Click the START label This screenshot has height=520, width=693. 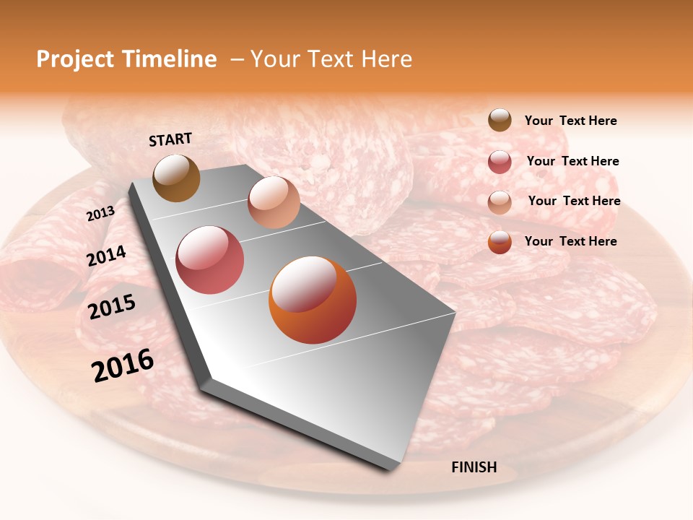[170, 139]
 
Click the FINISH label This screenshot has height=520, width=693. [474, 467]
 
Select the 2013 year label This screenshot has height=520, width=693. [100, 214]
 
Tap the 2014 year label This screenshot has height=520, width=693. [106, 256]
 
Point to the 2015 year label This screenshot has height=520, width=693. [111, 307]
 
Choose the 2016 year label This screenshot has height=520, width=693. [123, 365]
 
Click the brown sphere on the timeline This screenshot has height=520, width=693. [176, 178]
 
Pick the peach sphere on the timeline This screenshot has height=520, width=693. [274, 202]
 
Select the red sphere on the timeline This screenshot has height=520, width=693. [210, 260]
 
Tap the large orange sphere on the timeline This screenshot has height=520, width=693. [313, 300]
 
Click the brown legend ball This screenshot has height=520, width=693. [500, 121]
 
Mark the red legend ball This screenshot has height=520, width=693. [500, 162]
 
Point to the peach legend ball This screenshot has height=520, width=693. [500, 201]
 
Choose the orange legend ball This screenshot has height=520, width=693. [500, 242]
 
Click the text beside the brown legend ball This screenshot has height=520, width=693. [570, 121]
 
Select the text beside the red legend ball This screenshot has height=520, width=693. [572, 162]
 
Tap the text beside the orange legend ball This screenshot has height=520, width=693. [570, 241]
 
